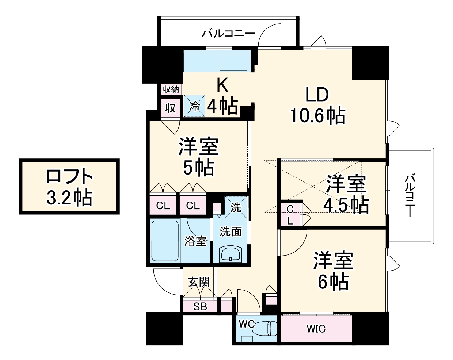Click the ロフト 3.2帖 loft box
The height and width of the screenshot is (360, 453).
click(x=69, y=187)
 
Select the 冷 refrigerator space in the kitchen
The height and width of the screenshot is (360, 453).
click(x=194, y=106)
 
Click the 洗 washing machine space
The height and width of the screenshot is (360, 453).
click(x=236, y=207)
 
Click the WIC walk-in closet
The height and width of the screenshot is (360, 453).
click(x=316, y=329)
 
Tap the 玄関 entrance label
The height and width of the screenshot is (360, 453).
click(x=199, y=282)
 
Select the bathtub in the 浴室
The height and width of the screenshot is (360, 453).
click(x=164, y=240)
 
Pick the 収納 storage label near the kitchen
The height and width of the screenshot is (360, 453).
click(x=171, y=89)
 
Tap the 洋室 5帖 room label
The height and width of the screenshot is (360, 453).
click(x=199, y=157)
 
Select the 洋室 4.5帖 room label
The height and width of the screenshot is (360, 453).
click(x=346, y=194)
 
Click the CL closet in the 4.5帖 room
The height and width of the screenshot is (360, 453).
click(x=290, y=214)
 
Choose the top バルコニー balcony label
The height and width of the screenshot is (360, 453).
click(x=229, y=34)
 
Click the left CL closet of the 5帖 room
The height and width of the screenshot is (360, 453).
click(x=163, y=206)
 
